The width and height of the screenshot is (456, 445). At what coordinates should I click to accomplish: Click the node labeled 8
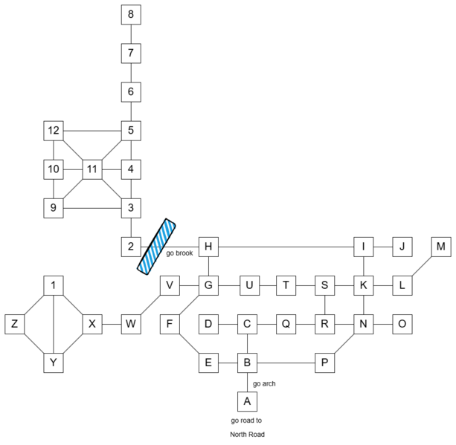(131, 15)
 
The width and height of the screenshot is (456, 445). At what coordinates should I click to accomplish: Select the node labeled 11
(92, 169)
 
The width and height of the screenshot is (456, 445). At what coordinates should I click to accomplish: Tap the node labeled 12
(54, 131)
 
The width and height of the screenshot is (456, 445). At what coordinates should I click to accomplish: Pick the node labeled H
(208, 247)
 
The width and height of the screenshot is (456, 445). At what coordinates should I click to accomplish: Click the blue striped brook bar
(157, 246)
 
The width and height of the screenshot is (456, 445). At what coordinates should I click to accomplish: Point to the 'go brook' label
(180, 254)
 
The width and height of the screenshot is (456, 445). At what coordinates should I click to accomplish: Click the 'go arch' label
(264, 383)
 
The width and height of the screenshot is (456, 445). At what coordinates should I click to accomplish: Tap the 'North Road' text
(246, 434)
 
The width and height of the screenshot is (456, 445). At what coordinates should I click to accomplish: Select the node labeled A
(247, 402)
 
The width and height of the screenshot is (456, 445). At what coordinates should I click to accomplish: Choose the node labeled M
(441, 247)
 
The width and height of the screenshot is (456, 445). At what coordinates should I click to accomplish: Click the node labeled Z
(15, 324)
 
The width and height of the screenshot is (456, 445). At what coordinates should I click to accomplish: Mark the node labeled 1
(54, 285)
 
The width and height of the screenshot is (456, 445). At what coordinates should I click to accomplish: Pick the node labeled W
(131, 324)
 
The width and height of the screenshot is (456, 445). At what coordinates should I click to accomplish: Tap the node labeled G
(208, 285)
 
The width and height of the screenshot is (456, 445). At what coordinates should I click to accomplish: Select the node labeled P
(324, 363)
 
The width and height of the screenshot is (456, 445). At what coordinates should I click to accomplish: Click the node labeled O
(402, 324)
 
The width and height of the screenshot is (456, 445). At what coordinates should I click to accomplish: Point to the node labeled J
(402, 247)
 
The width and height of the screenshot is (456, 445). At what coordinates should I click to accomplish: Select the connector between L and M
(422, 266)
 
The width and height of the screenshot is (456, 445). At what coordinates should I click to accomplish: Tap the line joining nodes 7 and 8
(131, 34)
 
